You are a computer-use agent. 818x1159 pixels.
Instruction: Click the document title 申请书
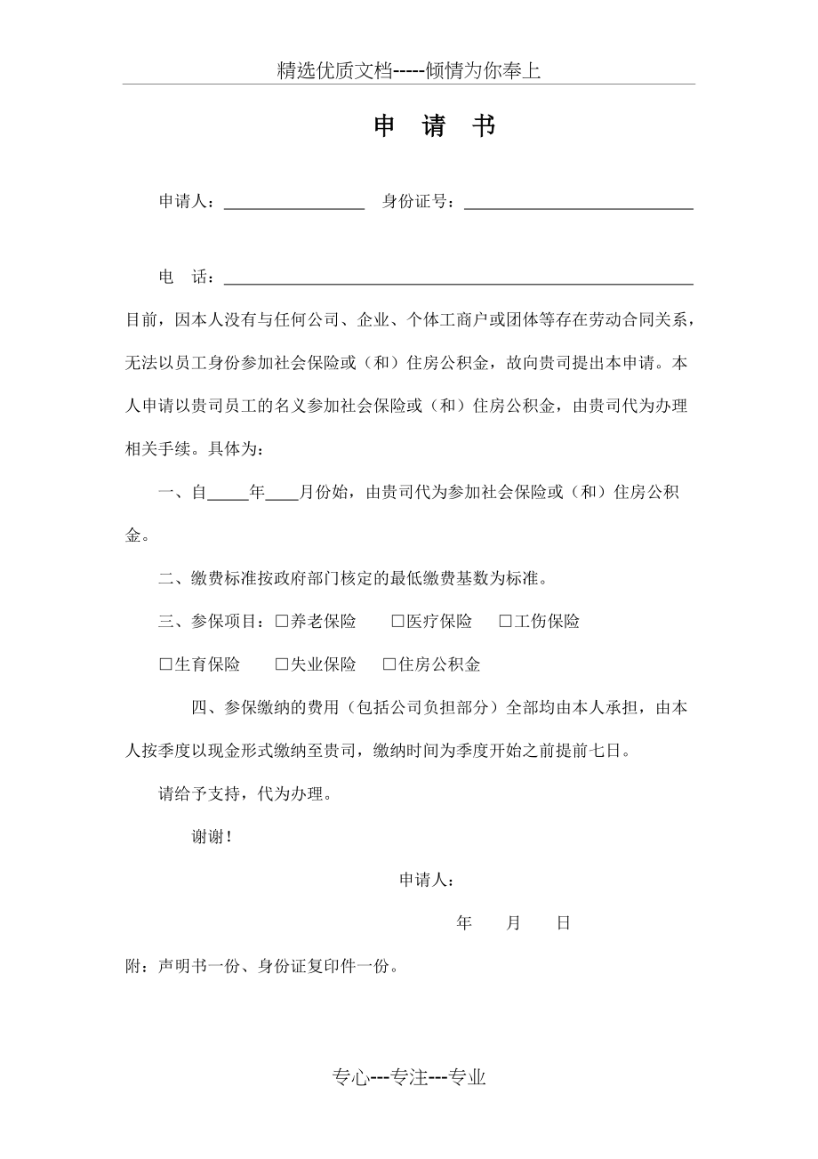pyautogui.click(x=434, y=127)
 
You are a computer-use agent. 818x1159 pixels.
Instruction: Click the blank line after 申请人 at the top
pyautogui.click(x=293, y=203)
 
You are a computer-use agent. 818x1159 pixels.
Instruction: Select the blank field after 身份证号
pyautogui.click(x=578, y=203)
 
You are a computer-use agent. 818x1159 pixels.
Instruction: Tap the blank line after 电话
pyautogui.click(x=458, y=278)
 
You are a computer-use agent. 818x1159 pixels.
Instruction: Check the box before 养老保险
pyautogui.click(x=281, y=622)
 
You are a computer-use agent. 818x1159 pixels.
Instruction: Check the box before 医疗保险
pyautogui.click(x=397, y=622)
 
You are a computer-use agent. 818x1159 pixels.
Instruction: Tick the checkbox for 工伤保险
pyautogui.click(x=505, y=622)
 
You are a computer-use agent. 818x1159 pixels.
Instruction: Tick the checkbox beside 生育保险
pyautogui.click(x=165, y=664)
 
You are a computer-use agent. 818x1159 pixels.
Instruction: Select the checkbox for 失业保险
pyautogui.click(x=281, y=664)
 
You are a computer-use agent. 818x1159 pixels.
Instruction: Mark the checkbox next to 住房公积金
pyautogui.click(x=389, y=664)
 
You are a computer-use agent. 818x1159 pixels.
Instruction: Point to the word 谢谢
pyautogui.click(x=212, y=836)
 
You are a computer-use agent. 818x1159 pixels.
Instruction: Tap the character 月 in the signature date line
pyautogui.click(x=513, y=923)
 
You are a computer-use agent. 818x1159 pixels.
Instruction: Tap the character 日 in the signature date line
pyautogui.click(x=563, y=923)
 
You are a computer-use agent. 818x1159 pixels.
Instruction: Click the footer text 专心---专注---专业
pyautogui.click(x=409, y=1078)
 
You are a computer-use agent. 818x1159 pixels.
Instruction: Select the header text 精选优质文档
pyautogui.click(x=334, y=71)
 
